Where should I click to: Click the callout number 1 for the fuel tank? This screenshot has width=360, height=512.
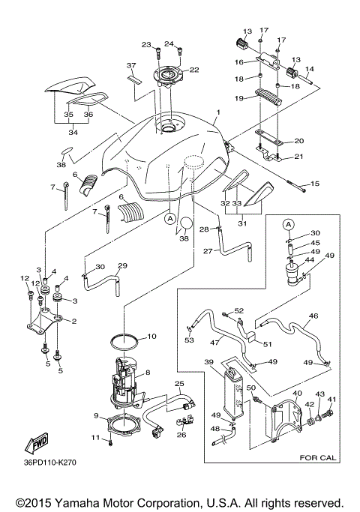[x=217, y=113]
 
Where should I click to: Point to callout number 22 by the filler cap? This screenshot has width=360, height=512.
[x=193, y=70]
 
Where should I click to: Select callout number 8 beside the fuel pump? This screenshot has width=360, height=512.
[x=148, y=373]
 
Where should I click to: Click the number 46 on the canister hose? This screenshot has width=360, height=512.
[x=313, y=317]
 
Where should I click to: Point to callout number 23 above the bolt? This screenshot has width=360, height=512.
[x=146, y=44]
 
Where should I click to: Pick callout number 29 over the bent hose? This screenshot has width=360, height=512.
[x=123, y=265]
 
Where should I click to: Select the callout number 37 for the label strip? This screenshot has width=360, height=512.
[x=130, y=65]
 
